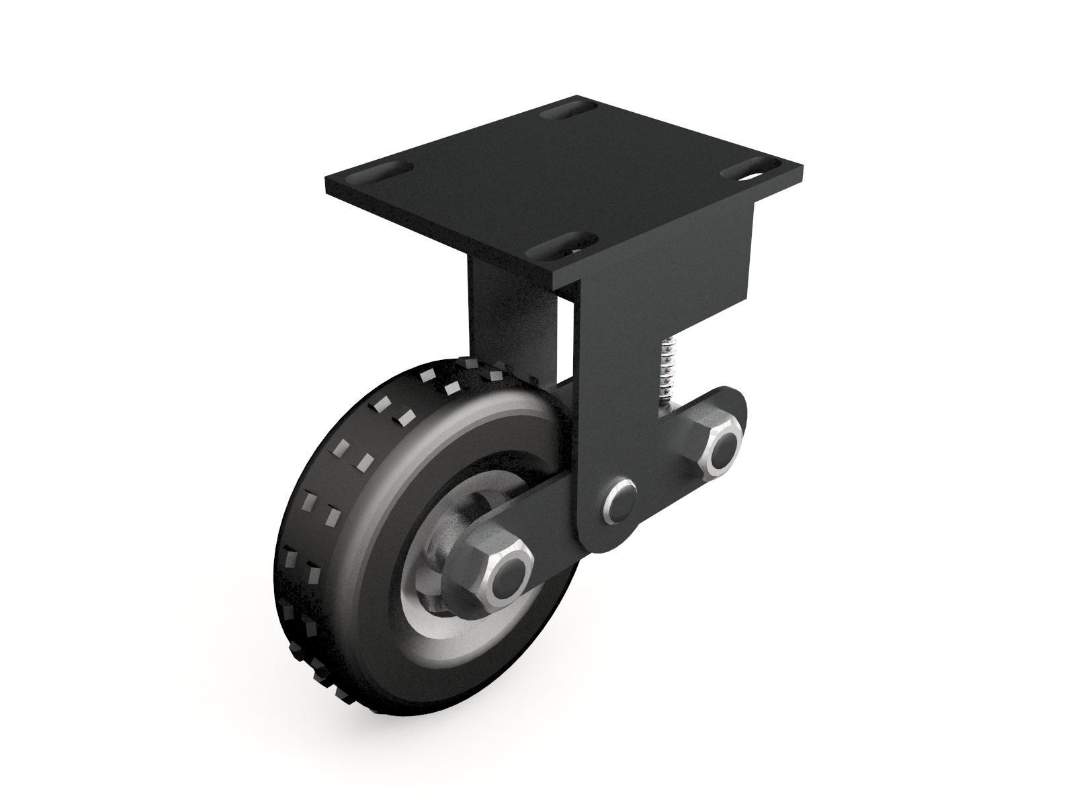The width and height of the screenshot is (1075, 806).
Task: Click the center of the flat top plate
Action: pos(564,181)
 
